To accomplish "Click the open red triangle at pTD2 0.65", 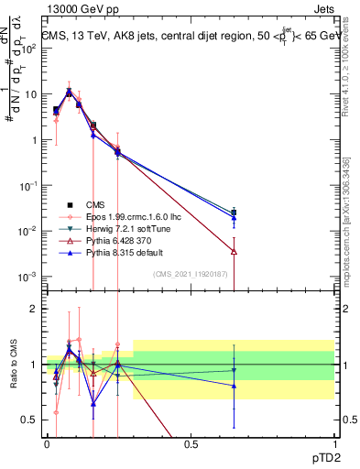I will (234, 251).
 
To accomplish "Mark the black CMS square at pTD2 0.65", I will (234, 213).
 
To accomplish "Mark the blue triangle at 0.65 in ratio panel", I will (234, 386).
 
